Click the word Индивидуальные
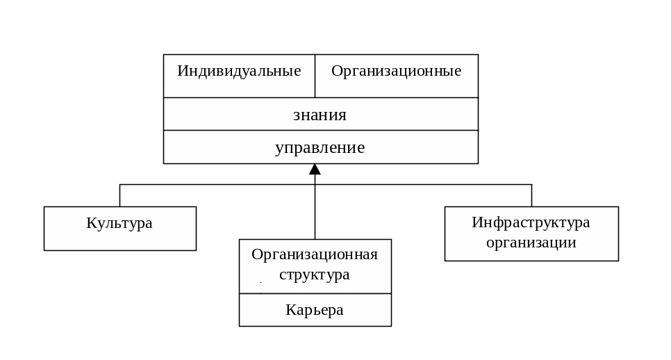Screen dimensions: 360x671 239,71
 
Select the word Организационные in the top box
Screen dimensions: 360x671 396,71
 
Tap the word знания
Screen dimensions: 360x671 320,115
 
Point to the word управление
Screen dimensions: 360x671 320,147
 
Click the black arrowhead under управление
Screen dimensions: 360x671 315,169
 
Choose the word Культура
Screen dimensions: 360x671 119,223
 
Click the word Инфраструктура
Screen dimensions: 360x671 531,222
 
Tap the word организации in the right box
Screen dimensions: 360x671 531,243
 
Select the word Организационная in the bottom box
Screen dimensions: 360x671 315,254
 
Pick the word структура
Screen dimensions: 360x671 315,275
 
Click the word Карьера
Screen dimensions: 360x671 315,310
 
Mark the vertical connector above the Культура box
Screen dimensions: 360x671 120,196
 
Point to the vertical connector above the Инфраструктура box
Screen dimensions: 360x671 531,196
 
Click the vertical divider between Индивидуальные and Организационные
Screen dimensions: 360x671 315,76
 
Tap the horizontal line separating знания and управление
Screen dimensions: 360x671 320,130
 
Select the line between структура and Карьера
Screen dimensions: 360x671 315,293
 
